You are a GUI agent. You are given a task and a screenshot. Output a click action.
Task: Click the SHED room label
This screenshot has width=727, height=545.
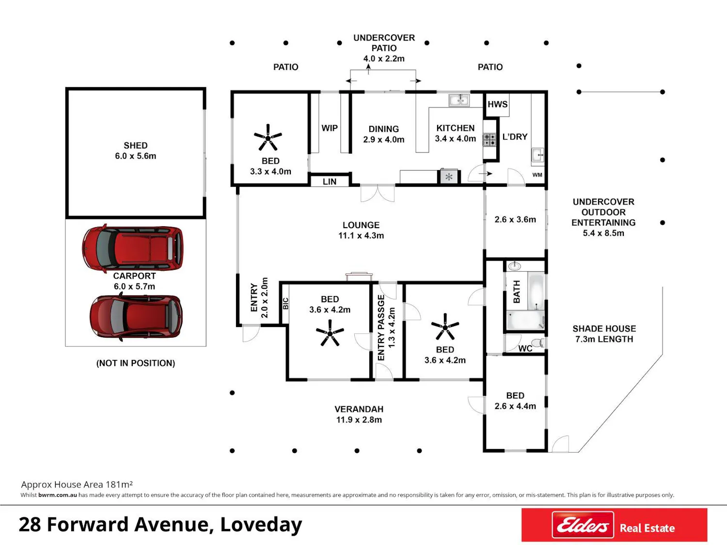click(135, 145)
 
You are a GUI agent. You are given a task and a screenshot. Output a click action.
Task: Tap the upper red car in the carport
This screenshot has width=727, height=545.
click(132, 248)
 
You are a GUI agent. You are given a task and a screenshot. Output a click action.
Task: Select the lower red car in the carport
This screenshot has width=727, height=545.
click(136, 317)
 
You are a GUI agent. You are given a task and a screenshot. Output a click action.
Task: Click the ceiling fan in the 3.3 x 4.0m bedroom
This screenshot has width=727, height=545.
click(268, 137)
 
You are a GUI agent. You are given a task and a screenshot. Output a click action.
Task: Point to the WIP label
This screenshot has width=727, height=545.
click(330, 128)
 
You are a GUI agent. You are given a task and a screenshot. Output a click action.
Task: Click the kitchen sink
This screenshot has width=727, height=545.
click(459, 100)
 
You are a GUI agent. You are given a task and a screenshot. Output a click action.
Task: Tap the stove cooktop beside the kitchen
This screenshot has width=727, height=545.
click(489, 140)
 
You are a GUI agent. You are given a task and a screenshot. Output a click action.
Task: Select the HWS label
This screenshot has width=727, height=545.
click(497, 104)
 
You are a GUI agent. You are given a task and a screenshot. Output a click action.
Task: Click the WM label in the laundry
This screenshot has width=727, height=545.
click(537, 175)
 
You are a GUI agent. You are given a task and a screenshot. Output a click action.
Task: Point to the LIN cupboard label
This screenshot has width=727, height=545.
click(330, 182)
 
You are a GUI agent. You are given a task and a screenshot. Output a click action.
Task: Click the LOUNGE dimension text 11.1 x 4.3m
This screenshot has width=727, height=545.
click(361, 235)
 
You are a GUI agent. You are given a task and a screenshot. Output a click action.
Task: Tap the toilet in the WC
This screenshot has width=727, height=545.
click(538, 343)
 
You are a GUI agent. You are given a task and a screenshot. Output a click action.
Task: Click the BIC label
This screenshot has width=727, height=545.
click(285, 303)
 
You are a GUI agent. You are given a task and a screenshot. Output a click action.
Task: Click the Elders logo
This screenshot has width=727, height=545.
click(583, 525)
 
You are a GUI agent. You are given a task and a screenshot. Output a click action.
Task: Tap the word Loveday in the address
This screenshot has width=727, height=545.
click(261, 525)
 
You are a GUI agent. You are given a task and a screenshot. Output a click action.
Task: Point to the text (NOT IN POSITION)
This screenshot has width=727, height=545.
click(135, 363)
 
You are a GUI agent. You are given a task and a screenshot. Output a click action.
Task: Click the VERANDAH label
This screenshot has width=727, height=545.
click(359, 409)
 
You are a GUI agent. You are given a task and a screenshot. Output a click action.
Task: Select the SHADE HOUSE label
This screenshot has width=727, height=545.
click(604, 328)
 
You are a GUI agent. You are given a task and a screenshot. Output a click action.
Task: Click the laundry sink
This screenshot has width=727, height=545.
click(537, 155)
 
